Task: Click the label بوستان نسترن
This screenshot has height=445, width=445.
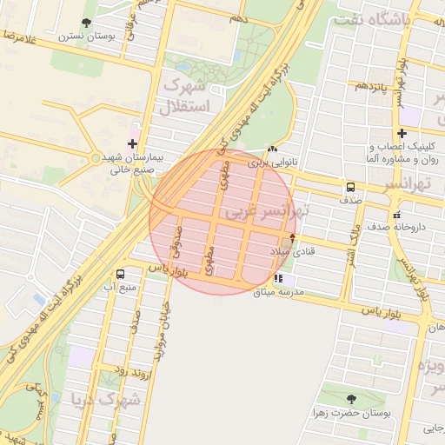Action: pos(81,37)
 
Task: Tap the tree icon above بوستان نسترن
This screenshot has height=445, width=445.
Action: pos(85,23)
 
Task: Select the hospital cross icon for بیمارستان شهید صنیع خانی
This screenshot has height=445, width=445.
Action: pos(132,143)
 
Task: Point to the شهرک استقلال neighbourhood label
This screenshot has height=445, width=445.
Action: pos(184,96)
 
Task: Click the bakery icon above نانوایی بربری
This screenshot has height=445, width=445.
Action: pos(275,149)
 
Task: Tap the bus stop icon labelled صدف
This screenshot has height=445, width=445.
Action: pos(350,187)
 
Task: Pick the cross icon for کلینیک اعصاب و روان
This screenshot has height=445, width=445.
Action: pos(402,133)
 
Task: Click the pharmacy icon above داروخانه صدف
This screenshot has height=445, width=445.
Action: pos(397,214)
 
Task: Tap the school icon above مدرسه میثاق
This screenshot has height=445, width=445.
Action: pos(278,279)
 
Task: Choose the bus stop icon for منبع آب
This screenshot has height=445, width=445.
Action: pos(120,273)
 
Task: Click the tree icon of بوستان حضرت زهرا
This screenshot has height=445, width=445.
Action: pos(351,399)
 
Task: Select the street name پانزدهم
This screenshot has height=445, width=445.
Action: pos(366,86)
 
